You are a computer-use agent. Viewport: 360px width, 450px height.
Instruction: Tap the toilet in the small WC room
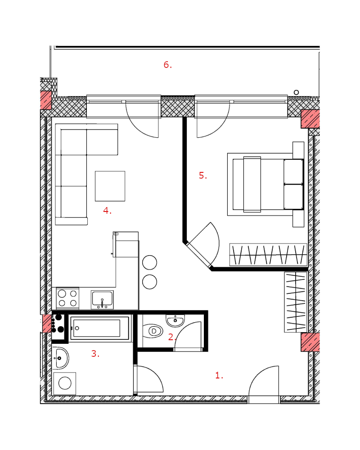(153, 331)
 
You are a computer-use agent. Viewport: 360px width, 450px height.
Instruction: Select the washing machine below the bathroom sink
(65, 383)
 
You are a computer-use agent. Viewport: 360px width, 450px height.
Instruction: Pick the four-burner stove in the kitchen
(68, 298)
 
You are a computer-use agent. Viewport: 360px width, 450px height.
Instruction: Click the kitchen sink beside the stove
(102, 300)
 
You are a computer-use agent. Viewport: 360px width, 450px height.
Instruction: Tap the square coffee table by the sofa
(110, 186)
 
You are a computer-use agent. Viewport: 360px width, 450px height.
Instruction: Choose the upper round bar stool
(149, 262)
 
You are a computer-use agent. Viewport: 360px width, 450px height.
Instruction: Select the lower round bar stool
(149, 282)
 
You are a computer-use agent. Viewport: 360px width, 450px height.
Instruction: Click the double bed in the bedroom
(265, 184)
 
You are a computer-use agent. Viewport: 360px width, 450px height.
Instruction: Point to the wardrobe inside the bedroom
(268, 255)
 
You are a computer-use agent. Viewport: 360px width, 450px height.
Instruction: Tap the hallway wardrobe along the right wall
(296, 302)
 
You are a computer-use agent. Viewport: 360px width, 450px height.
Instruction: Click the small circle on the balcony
(296, 92)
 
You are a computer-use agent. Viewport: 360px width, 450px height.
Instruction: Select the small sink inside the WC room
(175, 320)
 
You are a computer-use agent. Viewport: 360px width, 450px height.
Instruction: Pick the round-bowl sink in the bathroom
(61, 358)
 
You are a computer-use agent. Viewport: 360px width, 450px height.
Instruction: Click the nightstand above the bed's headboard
(298, 150)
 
